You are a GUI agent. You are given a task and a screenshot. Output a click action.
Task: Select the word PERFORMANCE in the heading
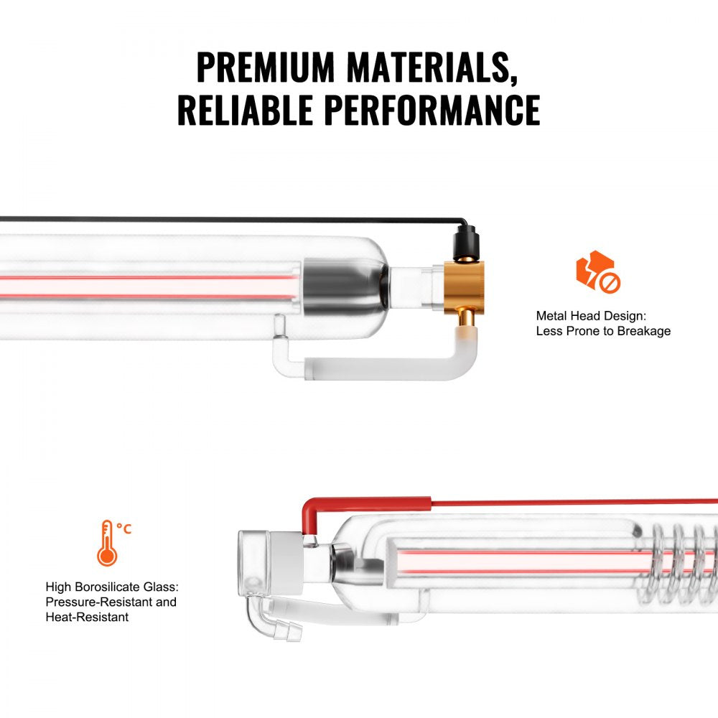(432, 110)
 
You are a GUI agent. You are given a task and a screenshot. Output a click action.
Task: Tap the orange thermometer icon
(108, 544)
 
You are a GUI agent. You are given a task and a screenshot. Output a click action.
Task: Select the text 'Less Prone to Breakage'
(603, 331)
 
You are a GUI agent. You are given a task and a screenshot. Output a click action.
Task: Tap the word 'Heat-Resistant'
(87, 617)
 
